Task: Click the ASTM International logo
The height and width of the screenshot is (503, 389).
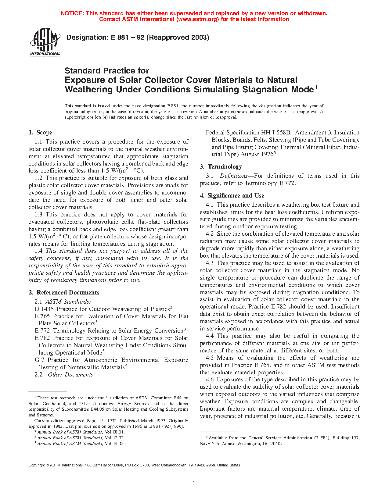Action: (x=45, y=42)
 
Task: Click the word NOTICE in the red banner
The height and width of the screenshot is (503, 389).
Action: (x=72, y=13)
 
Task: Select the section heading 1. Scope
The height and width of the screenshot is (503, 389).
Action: (x=40, y=133)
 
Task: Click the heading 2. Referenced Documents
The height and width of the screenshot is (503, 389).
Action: (x=64, y=293)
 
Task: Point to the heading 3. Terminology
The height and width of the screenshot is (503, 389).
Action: (x=221, y=167)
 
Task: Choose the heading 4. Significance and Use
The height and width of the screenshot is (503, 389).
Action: (x=232, y=196)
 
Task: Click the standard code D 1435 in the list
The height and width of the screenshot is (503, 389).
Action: (x=44, y=309)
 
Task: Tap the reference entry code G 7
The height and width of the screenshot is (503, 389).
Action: (x=39, y=360)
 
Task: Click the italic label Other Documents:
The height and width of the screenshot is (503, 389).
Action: (x=71, y=375)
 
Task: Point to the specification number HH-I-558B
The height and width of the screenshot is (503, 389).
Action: (x=276, y=133)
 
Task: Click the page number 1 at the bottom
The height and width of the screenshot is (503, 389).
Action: (x=194, y=483)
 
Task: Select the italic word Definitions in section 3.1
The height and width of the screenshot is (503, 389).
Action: (x=234, y=176)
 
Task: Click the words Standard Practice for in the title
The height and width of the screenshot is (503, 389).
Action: (x=107, y=71)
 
